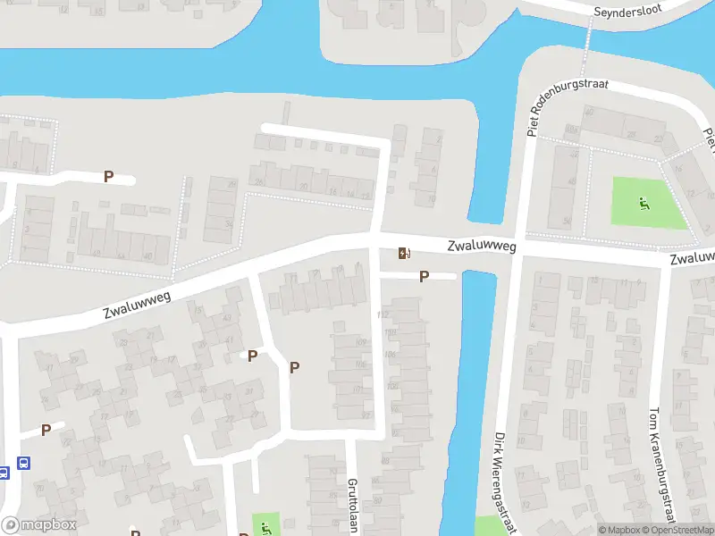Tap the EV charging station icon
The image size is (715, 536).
coord(404,254)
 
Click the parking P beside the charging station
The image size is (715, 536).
coord(424,277)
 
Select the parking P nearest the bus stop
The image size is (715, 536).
coord(46,430)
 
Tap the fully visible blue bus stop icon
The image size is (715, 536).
coord(23,464)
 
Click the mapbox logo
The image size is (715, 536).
coord(38,525)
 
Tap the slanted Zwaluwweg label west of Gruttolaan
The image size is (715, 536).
coord(138,300)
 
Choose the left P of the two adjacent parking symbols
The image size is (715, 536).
coord(252,356)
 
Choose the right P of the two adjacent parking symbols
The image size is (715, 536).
coord(294,367)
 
